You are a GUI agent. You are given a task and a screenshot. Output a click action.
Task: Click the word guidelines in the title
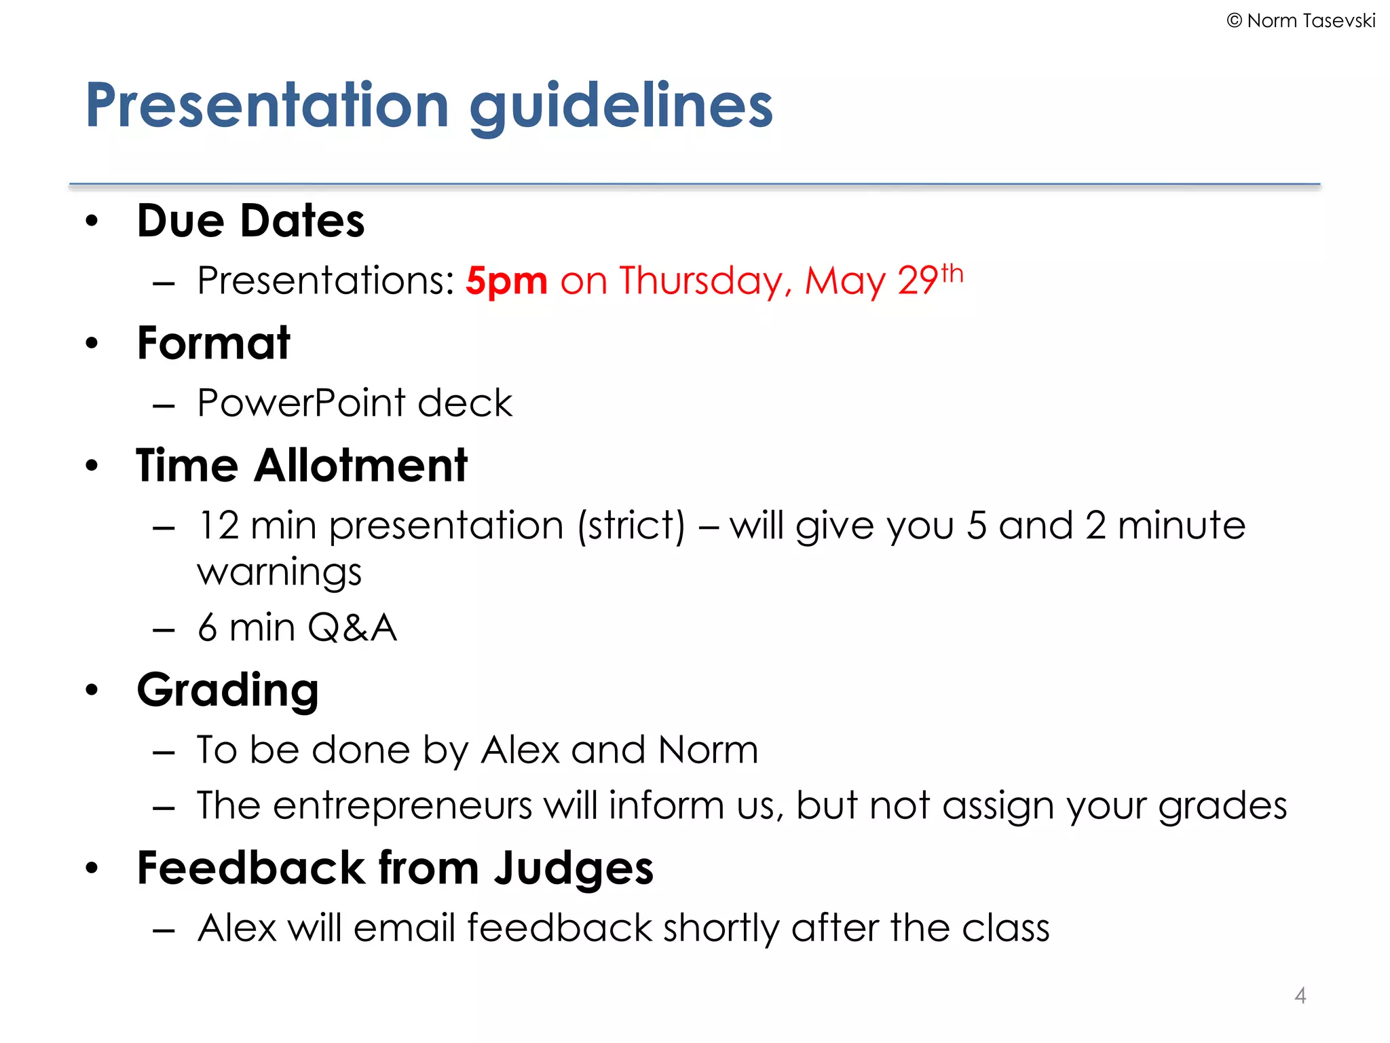tap(621, 107)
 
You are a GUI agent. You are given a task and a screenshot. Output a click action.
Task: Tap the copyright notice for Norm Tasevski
tap(1300, 21)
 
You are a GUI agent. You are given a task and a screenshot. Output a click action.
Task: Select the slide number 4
tap(1300, 995)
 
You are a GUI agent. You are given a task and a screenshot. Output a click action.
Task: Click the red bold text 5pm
tap(506, 282)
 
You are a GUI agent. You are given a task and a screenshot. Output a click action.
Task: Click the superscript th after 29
tap(952, 274)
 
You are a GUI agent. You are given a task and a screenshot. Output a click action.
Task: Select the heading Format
tap(213, 343)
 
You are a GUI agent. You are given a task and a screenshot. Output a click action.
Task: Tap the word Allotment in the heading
tap(360, 466)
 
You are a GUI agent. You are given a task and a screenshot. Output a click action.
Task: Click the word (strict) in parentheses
tap(632, 526)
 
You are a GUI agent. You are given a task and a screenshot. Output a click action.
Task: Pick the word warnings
tap(279, 572)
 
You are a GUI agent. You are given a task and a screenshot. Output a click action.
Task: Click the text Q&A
tap(352, 627)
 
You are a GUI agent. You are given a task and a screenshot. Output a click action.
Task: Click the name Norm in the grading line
tap(708, 750)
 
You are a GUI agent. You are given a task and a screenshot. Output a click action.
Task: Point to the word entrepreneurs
tap(402, 806)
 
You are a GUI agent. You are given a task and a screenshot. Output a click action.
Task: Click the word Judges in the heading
tap(574, 870)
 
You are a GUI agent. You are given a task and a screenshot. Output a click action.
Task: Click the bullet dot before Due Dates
tap(92, 221)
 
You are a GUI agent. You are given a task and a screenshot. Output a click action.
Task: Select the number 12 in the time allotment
tap(219, 526)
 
